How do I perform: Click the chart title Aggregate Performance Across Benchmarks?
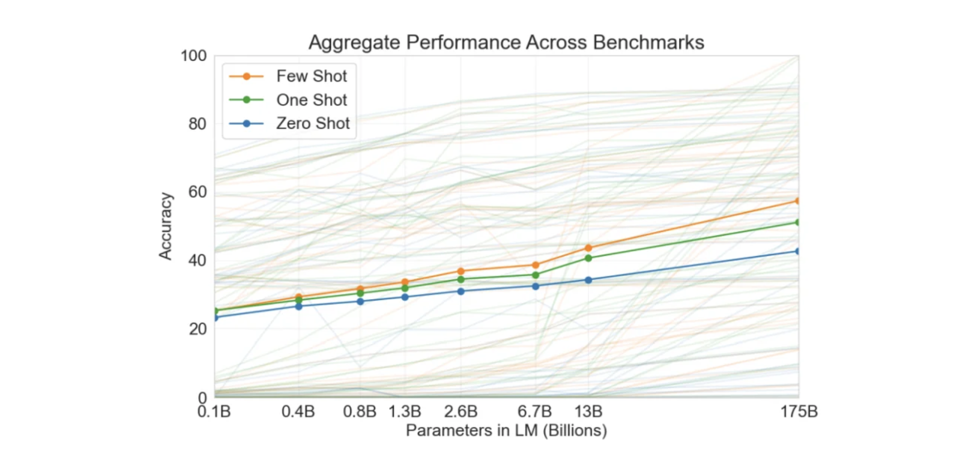(x=506, y=42)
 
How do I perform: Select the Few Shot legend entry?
(x=311, y=76)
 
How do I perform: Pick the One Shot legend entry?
(x=311, y=100)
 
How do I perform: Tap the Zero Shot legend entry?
(x=312, y=123)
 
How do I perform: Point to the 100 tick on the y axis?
(x=193, y=56)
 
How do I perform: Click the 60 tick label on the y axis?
(x=197, y=192)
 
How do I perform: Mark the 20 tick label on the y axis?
(x=197, y=329)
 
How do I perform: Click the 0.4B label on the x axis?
(x=298, y=411)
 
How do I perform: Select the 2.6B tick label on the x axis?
(x=460, y=411)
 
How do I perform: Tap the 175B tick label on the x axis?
(x=798, y=411)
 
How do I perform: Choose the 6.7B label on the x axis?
(x=534, y=411)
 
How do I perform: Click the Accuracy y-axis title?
(x=165, y=226)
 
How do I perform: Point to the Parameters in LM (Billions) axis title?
(x=506, y=430)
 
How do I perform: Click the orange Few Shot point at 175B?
(x=797, y=201)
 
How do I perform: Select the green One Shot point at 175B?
(x=797, y=223)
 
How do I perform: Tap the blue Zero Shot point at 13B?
(x=588, y=280)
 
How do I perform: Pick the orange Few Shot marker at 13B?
(x=588, y=248)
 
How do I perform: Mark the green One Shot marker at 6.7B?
(x=535, y=275)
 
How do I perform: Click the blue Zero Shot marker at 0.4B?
(x=299, y=306)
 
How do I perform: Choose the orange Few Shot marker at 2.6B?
(x=461, y=271)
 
